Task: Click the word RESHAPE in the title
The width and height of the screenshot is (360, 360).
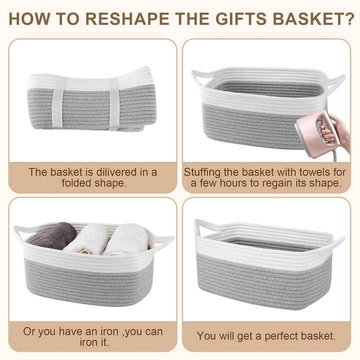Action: click(x=127, y=19)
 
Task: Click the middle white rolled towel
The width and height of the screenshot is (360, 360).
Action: click(x=87, y=239)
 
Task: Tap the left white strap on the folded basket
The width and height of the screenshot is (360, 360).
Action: click(x=58, y=102)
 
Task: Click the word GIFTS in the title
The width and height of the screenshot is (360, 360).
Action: click(x=241, y=19)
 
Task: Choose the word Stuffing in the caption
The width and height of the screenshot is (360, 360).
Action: click(x=202, y=172)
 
